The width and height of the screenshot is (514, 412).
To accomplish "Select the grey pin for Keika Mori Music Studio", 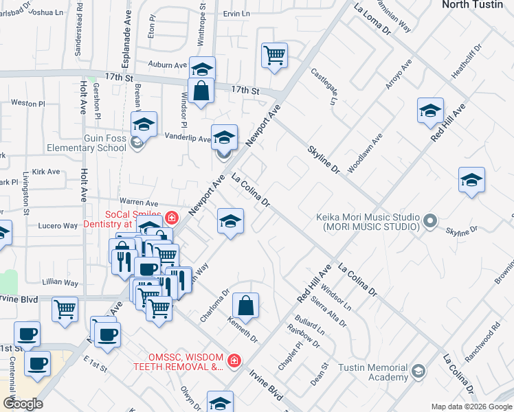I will tap(430, 221).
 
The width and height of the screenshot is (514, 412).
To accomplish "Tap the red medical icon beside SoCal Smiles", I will tap(170, 219).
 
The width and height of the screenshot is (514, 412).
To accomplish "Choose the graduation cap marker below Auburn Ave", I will tap(203, 69).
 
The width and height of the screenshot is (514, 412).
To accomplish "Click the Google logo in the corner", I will tap(23, 403).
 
